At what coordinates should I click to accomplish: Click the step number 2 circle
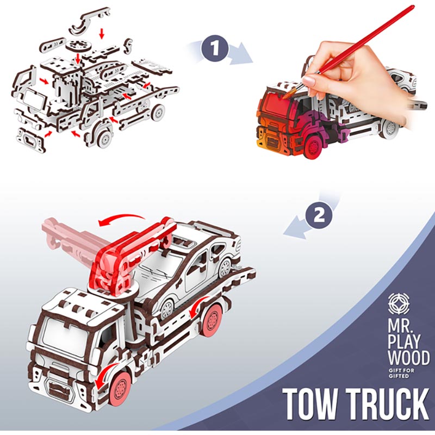[x=319, y=215]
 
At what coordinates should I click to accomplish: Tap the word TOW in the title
[x=310, y=404]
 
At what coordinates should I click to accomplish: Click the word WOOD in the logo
[x=409, y=358]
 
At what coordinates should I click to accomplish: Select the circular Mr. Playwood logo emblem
[x=399, y=303]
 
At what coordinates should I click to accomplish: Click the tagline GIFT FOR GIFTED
[x=401, y=373]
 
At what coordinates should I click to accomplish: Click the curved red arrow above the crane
[x=122, y=219]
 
